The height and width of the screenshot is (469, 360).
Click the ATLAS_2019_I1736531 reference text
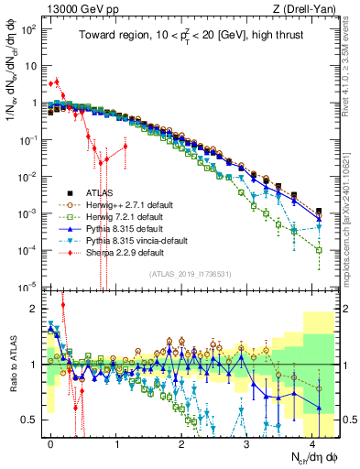pyautogui.click(x=191, y=274)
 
